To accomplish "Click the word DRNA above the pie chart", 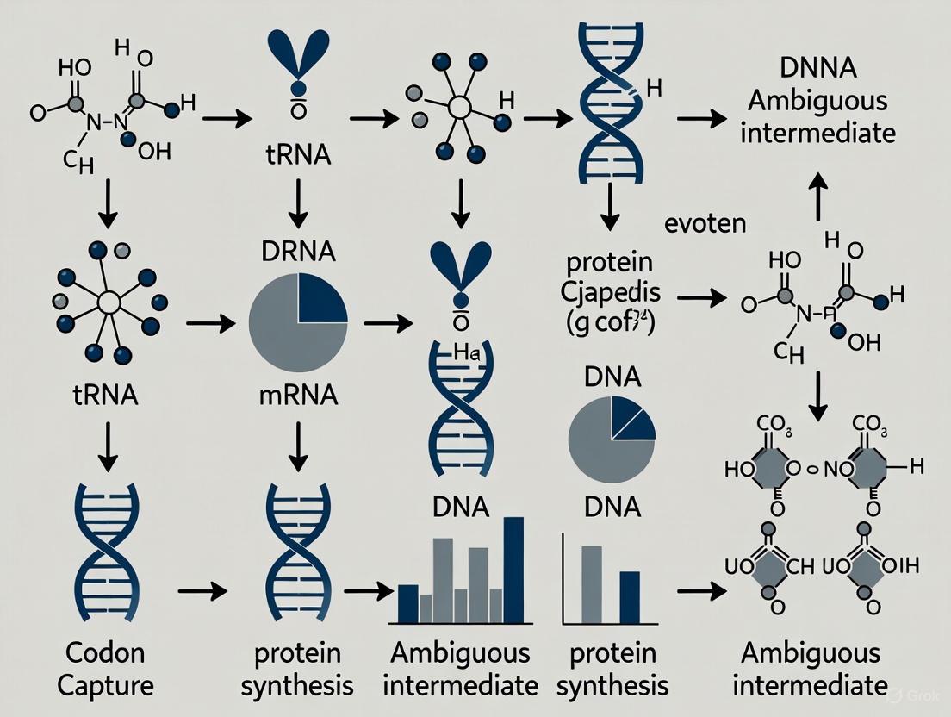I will (297, 253).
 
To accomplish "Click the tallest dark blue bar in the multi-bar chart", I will (514, 570).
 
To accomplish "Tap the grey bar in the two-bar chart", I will (592, 585).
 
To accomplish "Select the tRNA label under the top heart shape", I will (297, 158).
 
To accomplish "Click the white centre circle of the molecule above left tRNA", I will (108, 302).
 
